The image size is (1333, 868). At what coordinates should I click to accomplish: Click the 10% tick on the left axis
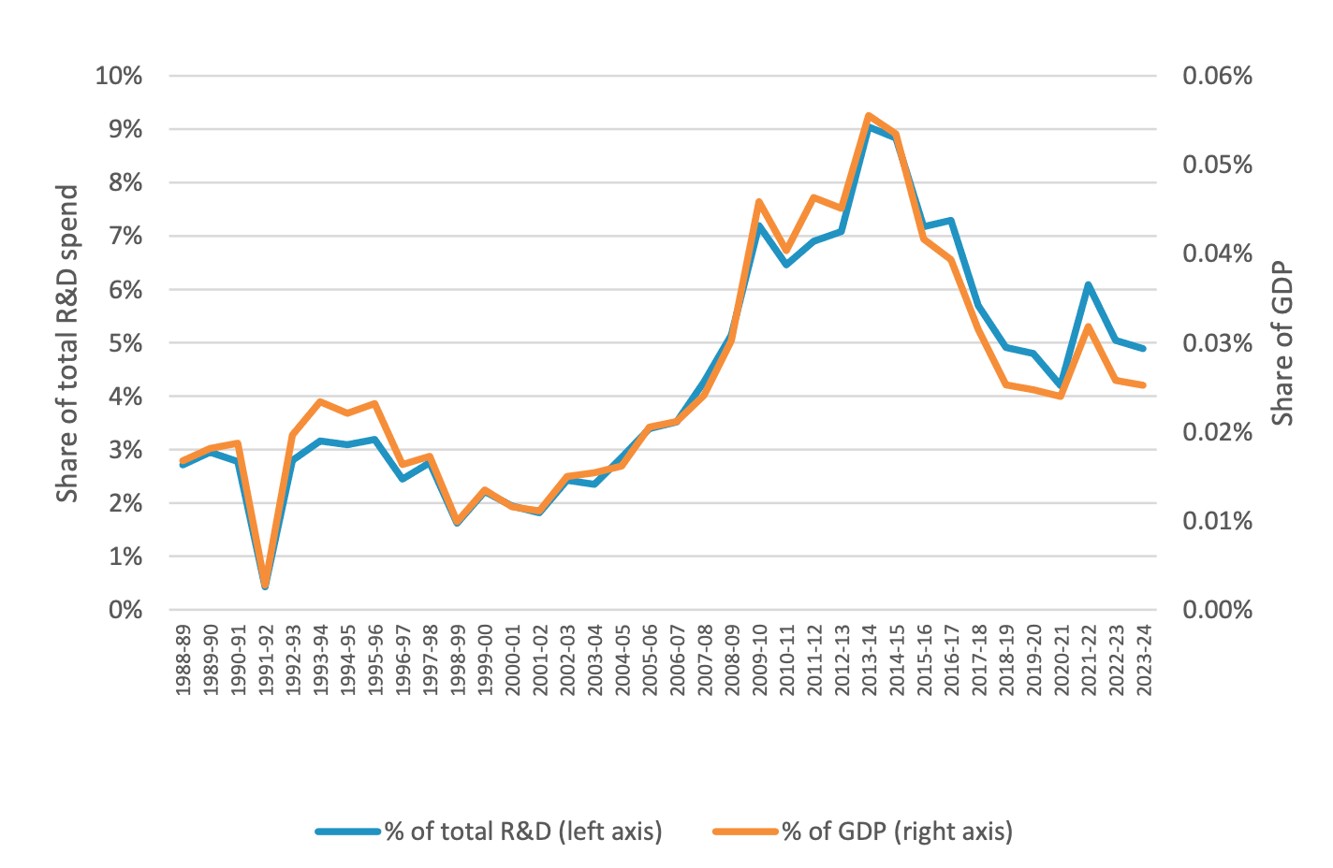(119, 76)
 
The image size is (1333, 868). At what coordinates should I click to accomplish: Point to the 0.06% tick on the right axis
(1217, 76)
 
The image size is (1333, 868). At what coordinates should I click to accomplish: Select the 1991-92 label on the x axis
(266, 660)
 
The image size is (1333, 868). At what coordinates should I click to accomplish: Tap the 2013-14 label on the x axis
(870, 660)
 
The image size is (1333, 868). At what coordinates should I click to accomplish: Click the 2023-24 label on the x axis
(1144, 660)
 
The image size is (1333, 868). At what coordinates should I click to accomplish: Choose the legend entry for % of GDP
(897, 831)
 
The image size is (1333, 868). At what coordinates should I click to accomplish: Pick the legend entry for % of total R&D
(522, 831)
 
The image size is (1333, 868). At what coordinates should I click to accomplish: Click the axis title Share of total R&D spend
(67, 343)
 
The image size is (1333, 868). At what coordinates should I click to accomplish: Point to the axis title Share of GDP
(1282, 343)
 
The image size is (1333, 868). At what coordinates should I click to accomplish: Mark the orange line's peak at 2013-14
(869, 116)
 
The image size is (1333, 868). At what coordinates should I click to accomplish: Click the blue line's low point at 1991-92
(265, 586)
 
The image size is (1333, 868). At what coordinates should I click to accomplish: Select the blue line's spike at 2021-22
(1089, 284)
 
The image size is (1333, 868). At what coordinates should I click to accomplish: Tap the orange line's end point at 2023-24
(1144, 385)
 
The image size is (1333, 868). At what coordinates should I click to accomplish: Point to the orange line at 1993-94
(320, 401)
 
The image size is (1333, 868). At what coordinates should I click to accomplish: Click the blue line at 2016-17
(951, 221)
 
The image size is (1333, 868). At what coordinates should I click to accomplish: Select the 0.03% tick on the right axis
(1217, 343)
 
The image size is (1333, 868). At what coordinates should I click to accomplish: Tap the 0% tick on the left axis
(125, 610)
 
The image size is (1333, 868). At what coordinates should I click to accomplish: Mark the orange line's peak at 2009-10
(759, 202)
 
